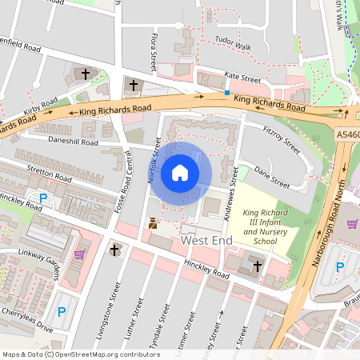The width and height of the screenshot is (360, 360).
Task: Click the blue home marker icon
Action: (180, 173)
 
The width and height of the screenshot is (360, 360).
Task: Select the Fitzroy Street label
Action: (281, 139)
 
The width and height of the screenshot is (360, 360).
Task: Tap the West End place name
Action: (207, 240)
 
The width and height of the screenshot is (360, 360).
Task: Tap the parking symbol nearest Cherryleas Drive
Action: (61, 311)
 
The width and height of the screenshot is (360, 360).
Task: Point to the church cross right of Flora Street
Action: (134, 84)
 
